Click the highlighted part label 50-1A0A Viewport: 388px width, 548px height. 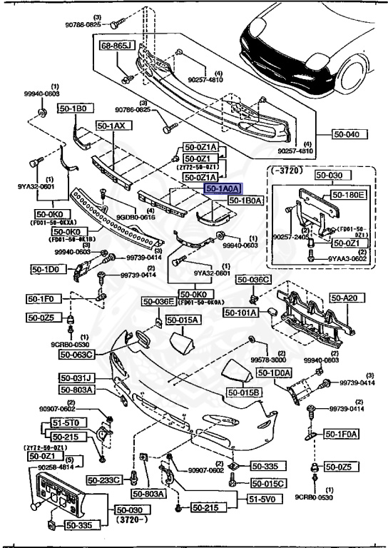224,189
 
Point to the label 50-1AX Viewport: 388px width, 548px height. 111,126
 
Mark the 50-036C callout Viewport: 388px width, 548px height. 253,280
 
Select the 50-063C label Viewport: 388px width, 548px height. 78,354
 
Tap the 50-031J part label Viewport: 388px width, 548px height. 78,378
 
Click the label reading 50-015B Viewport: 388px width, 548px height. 245,392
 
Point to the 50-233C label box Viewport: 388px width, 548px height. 106,480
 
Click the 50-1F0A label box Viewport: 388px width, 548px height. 342,433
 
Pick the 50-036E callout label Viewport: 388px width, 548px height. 158,302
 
